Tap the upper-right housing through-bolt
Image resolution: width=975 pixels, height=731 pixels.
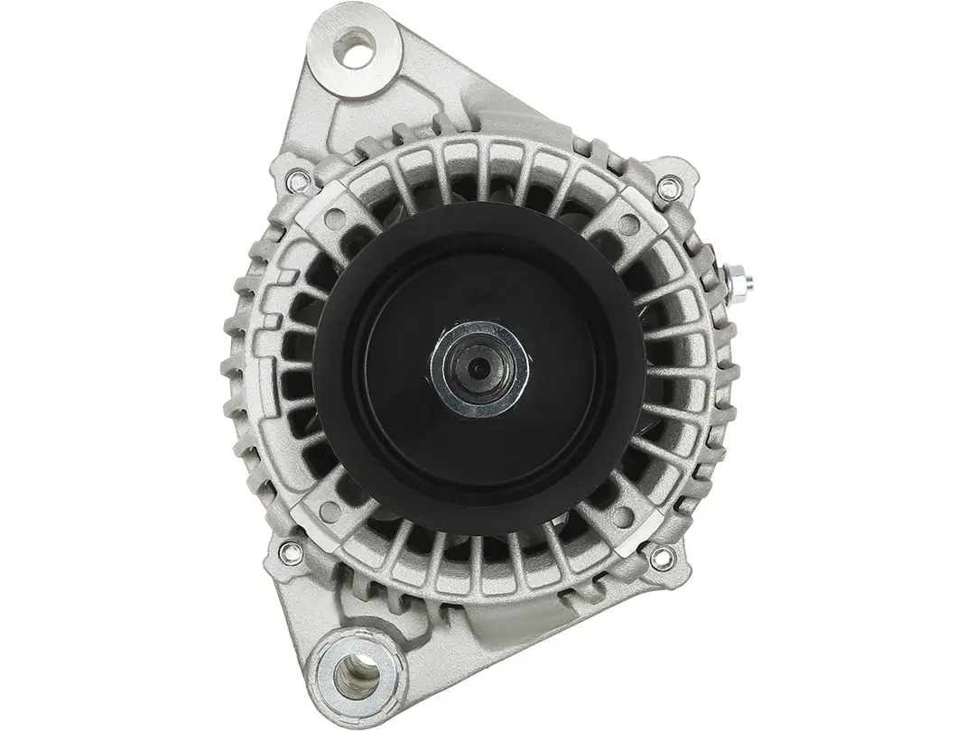click(x=666, y=188)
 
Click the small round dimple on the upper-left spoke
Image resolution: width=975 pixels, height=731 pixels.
click(x=335, y=217)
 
